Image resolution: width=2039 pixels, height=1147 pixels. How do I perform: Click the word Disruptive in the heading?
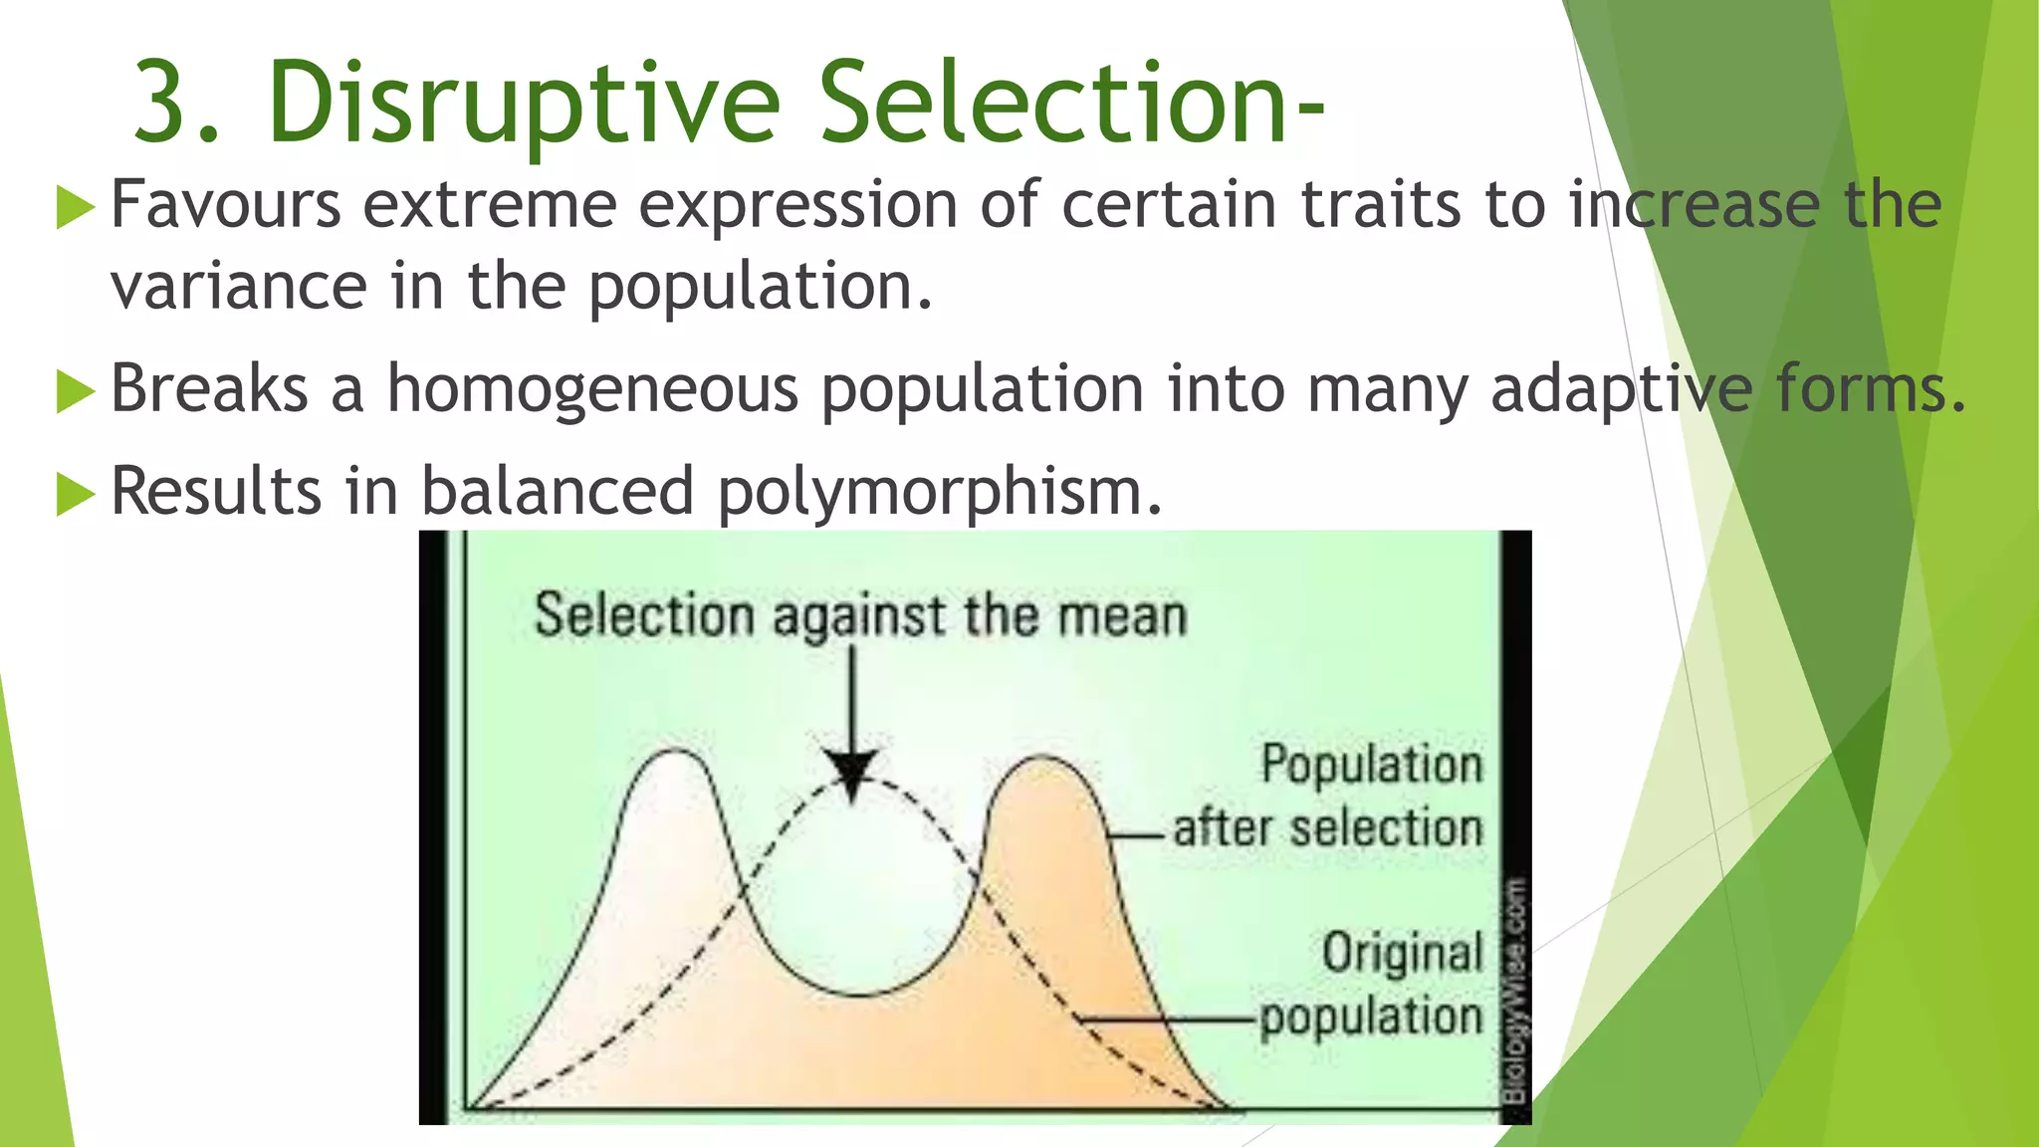[523, 104]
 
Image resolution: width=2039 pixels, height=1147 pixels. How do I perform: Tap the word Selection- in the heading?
[1070, 104]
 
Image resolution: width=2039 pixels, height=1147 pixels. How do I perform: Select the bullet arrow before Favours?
[76, 207]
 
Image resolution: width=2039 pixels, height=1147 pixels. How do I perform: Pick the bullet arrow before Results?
[76, 493]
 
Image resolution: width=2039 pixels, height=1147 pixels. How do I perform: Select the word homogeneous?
[592, 388]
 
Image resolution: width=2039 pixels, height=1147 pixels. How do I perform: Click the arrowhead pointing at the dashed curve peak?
[852, 772]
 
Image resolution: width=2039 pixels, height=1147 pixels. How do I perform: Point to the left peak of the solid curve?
[677, 752]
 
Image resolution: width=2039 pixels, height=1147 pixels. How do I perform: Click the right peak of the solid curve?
[1042, 759]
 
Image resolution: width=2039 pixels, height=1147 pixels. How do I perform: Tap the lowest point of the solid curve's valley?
[858, 994]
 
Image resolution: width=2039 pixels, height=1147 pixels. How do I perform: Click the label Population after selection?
[1330, 797]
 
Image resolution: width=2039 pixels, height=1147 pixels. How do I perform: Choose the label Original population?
[1374, 985]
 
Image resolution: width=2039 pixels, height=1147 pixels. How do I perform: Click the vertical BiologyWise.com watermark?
[1514, 991]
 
